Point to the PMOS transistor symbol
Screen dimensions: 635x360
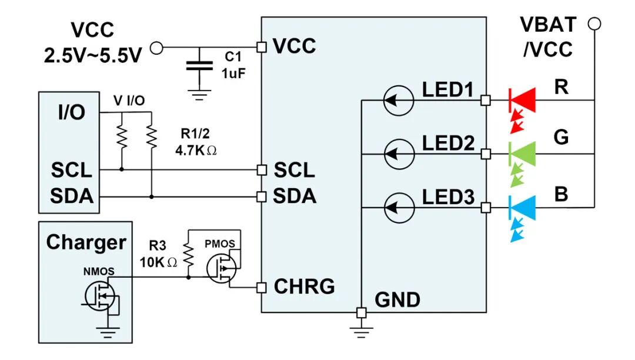(x=221, y=268)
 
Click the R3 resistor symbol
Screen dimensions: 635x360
(x=188, y=255)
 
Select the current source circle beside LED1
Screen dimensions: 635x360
(x=399, y=101)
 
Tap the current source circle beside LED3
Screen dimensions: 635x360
(x=399, y=208)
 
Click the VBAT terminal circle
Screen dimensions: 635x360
(x=594, y=24)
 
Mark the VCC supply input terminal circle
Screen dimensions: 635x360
(x=156, y=48)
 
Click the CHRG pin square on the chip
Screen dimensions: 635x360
(x=262, y=288)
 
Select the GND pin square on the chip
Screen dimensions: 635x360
(x=361, y=312)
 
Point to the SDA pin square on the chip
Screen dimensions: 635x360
(x=262, y=197)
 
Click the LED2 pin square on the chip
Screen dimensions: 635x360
(x=486, y=154)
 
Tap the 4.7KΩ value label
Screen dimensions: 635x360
(x=196, y=151)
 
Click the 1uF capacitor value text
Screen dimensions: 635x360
(x=233, y=74)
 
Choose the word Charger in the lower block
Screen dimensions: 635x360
(x=86, y=242)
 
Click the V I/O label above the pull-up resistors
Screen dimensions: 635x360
(x=129, y=101)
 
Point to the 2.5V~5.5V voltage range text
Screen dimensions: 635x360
(x=93, y=55)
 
